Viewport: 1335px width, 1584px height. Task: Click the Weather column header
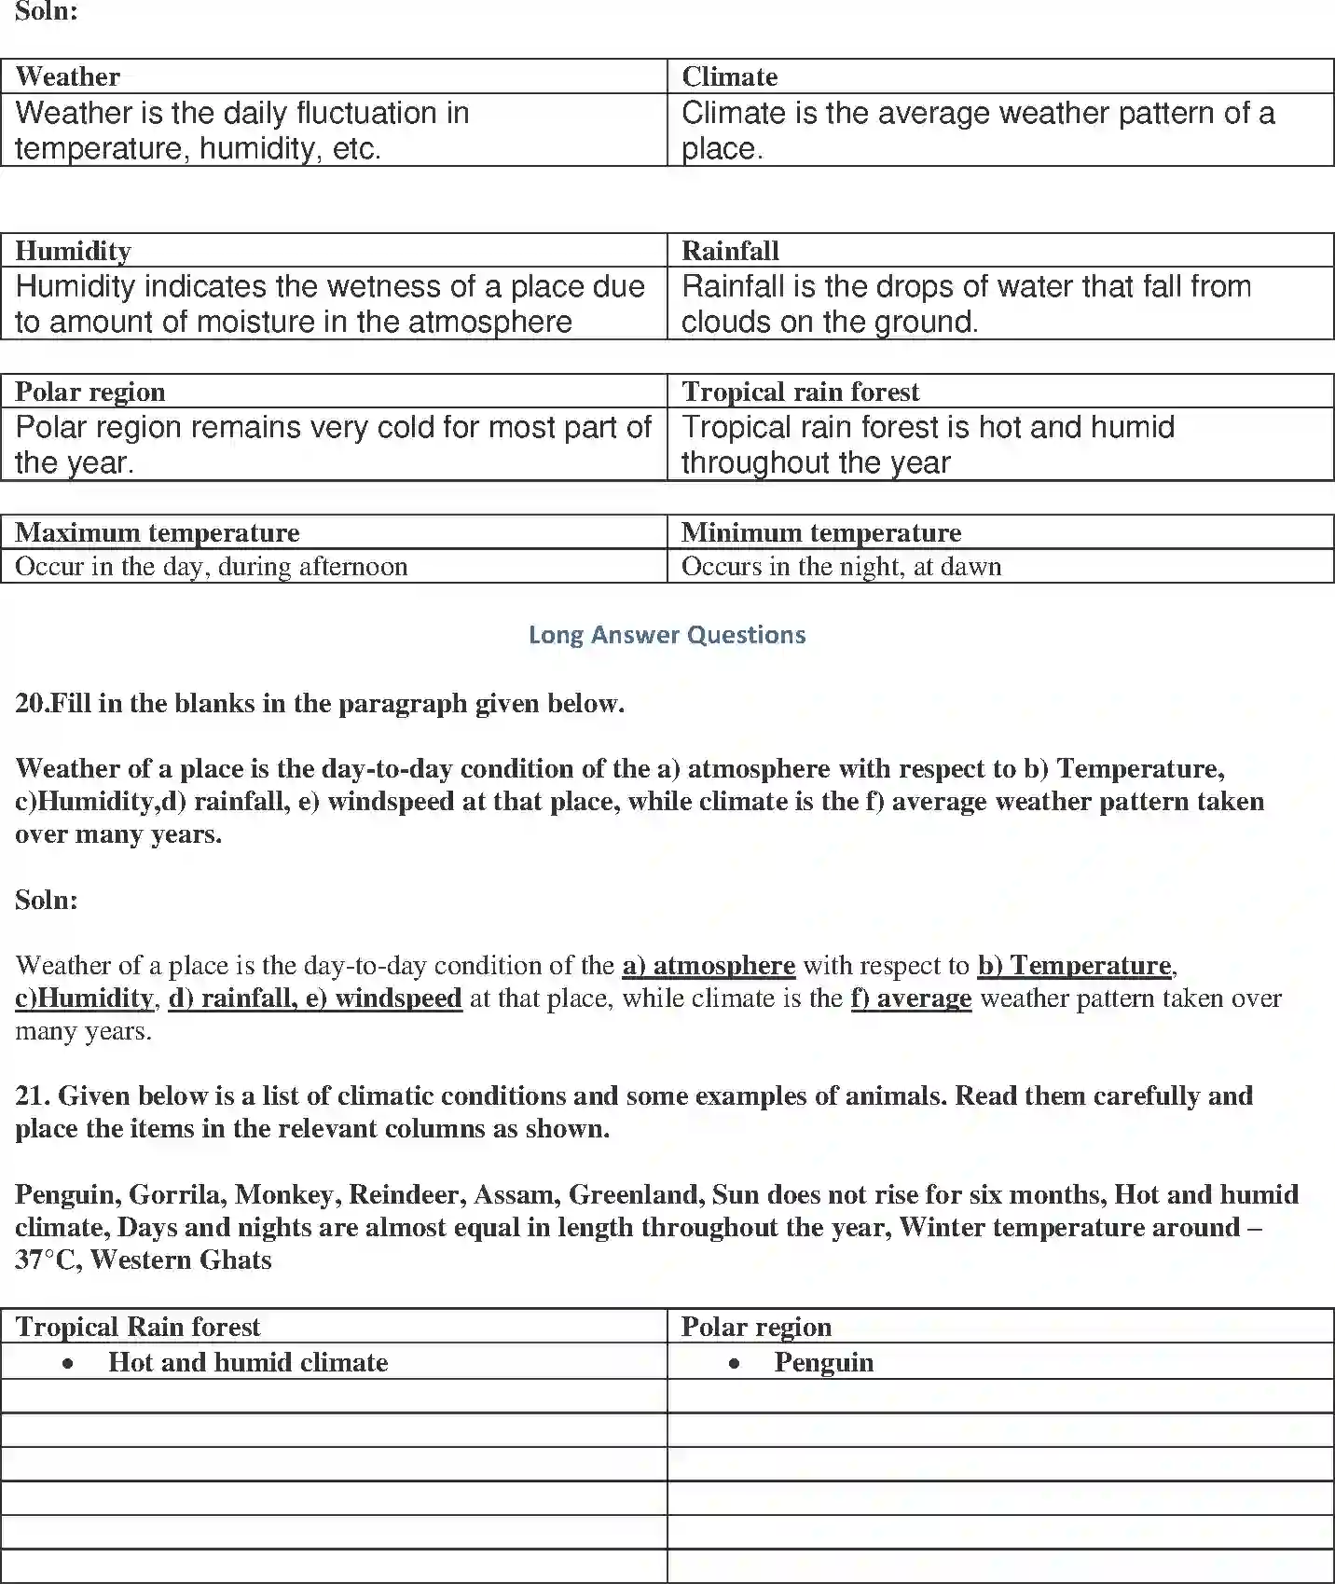[x=68, y=76]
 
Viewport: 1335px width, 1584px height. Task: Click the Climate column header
[x=729, y=76]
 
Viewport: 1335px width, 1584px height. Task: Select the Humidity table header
[x=73, y=251]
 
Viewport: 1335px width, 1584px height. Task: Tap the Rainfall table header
[x=730, y=251]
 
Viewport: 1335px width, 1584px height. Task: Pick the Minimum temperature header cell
[x=820, y=532]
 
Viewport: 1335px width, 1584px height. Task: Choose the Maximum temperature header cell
[x=158, y=532]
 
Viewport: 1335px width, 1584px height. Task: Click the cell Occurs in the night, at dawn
[x=841, y=567]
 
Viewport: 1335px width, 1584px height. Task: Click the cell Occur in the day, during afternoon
[x=212, y=567]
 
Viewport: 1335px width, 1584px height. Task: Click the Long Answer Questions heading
[x=667, y=635]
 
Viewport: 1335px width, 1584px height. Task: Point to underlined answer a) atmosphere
[x=709, y=965]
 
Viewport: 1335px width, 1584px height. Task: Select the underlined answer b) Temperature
[x=1074, y=965]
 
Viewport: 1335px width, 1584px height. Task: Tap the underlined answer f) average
[x=911, y=999]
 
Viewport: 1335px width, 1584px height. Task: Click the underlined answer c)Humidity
[x=84, y=999]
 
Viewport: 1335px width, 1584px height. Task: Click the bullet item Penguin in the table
[x=823, y=1362]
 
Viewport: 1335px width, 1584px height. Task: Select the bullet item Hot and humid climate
[x=247, y=1362]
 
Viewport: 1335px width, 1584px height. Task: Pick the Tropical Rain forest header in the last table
[x=138, y=1327]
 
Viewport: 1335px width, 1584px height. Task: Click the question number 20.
[x=30, y=703]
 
